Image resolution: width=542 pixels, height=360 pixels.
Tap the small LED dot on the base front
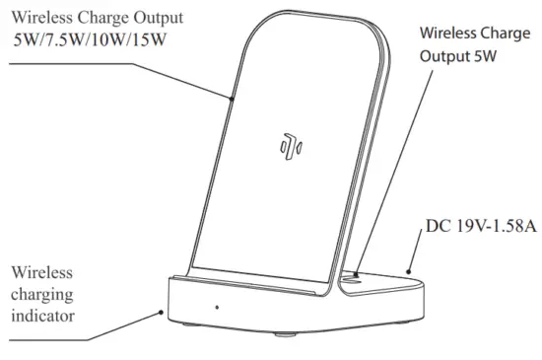tap(216, 306)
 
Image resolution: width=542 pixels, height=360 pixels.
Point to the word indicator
tap(41, 317)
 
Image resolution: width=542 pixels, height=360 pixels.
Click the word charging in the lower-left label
tap(44, 294)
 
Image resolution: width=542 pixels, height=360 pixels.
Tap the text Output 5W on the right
tap(457, 57)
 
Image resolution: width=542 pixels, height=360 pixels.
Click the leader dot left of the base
tap(162, 311)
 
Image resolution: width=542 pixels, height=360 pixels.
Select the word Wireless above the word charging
tap(43, 271)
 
